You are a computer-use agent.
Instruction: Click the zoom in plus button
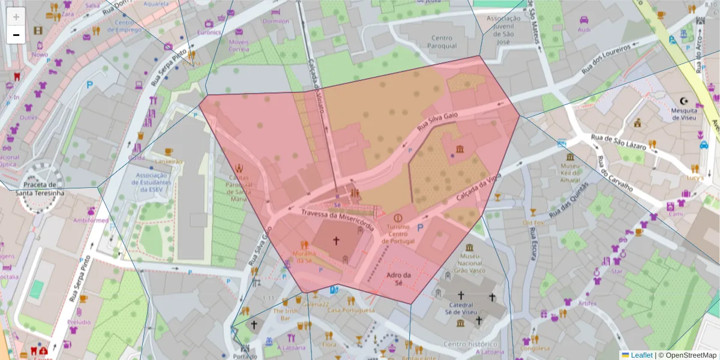[16, 17]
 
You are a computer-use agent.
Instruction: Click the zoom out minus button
[16, 35]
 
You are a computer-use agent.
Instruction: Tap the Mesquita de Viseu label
[683, 114]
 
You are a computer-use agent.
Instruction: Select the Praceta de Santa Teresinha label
[40, 189]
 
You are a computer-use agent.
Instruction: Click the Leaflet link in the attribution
[641, 355]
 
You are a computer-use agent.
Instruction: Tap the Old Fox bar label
[533, 223]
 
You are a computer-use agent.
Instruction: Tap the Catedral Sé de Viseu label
[461, 309]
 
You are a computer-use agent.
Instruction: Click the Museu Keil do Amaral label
[570, 172]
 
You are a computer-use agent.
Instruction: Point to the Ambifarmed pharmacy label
[91, 220]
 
